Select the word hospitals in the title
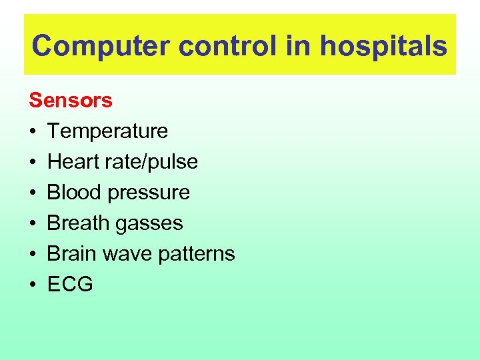point(383,46)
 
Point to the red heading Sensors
point(71,101)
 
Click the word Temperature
point(107,131)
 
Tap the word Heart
point(72,162)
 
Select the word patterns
point(198,255)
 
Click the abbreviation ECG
point(70,285)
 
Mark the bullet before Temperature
point(33,132)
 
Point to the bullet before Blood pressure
point(33,193)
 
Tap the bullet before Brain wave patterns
point(33,255)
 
